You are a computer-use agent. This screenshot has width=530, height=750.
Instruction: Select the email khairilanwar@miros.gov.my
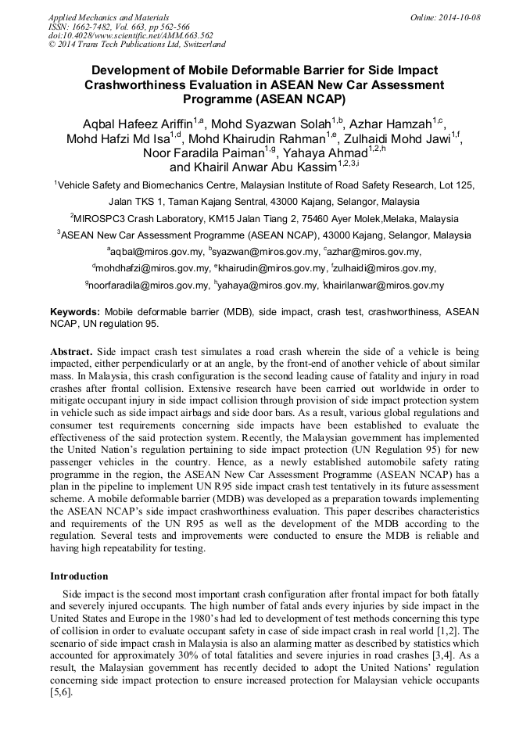(x=385, y=285)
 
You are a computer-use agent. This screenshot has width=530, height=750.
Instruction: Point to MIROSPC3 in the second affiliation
(x=105, y=218)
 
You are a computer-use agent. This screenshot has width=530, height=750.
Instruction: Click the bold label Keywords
(x=76, y=311)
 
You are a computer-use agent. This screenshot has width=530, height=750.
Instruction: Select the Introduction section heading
(x=79, y=576)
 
